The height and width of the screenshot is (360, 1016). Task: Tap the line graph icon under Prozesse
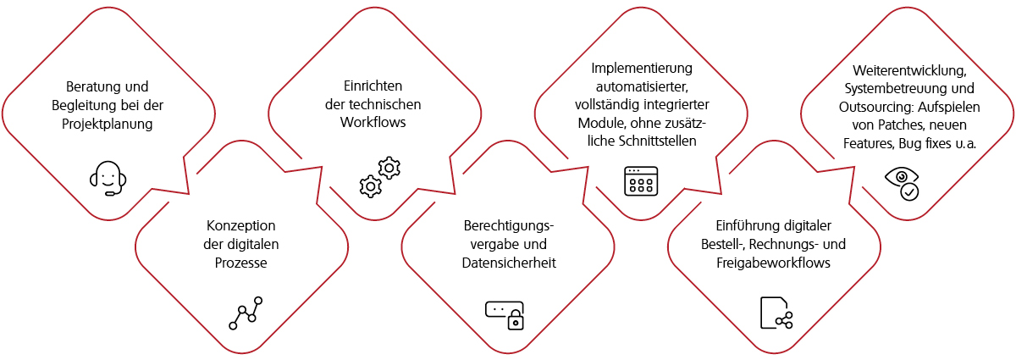pos(245,312)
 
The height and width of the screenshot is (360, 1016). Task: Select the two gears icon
pos(378,176)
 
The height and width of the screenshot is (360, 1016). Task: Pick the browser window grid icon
pos(640,180)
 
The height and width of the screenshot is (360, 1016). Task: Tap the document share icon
pos(776,312)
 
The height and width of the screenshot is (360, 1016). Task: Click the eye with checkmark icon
pos(903,183)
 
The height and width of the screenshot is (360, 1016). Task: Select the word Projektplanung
pos(108,124)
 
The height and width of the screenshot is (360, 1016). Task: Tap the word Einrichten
pos(373,86)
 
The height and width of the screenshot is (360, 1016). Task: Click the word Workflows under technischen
pos(373,123)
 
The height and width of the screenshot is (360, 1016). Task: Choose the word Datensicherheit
pos(508,263)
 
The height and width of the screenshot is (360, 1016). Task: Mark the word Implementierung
pos(642,68)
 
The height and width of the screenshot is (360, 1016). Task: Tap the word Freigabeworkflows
pos(773,263)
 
